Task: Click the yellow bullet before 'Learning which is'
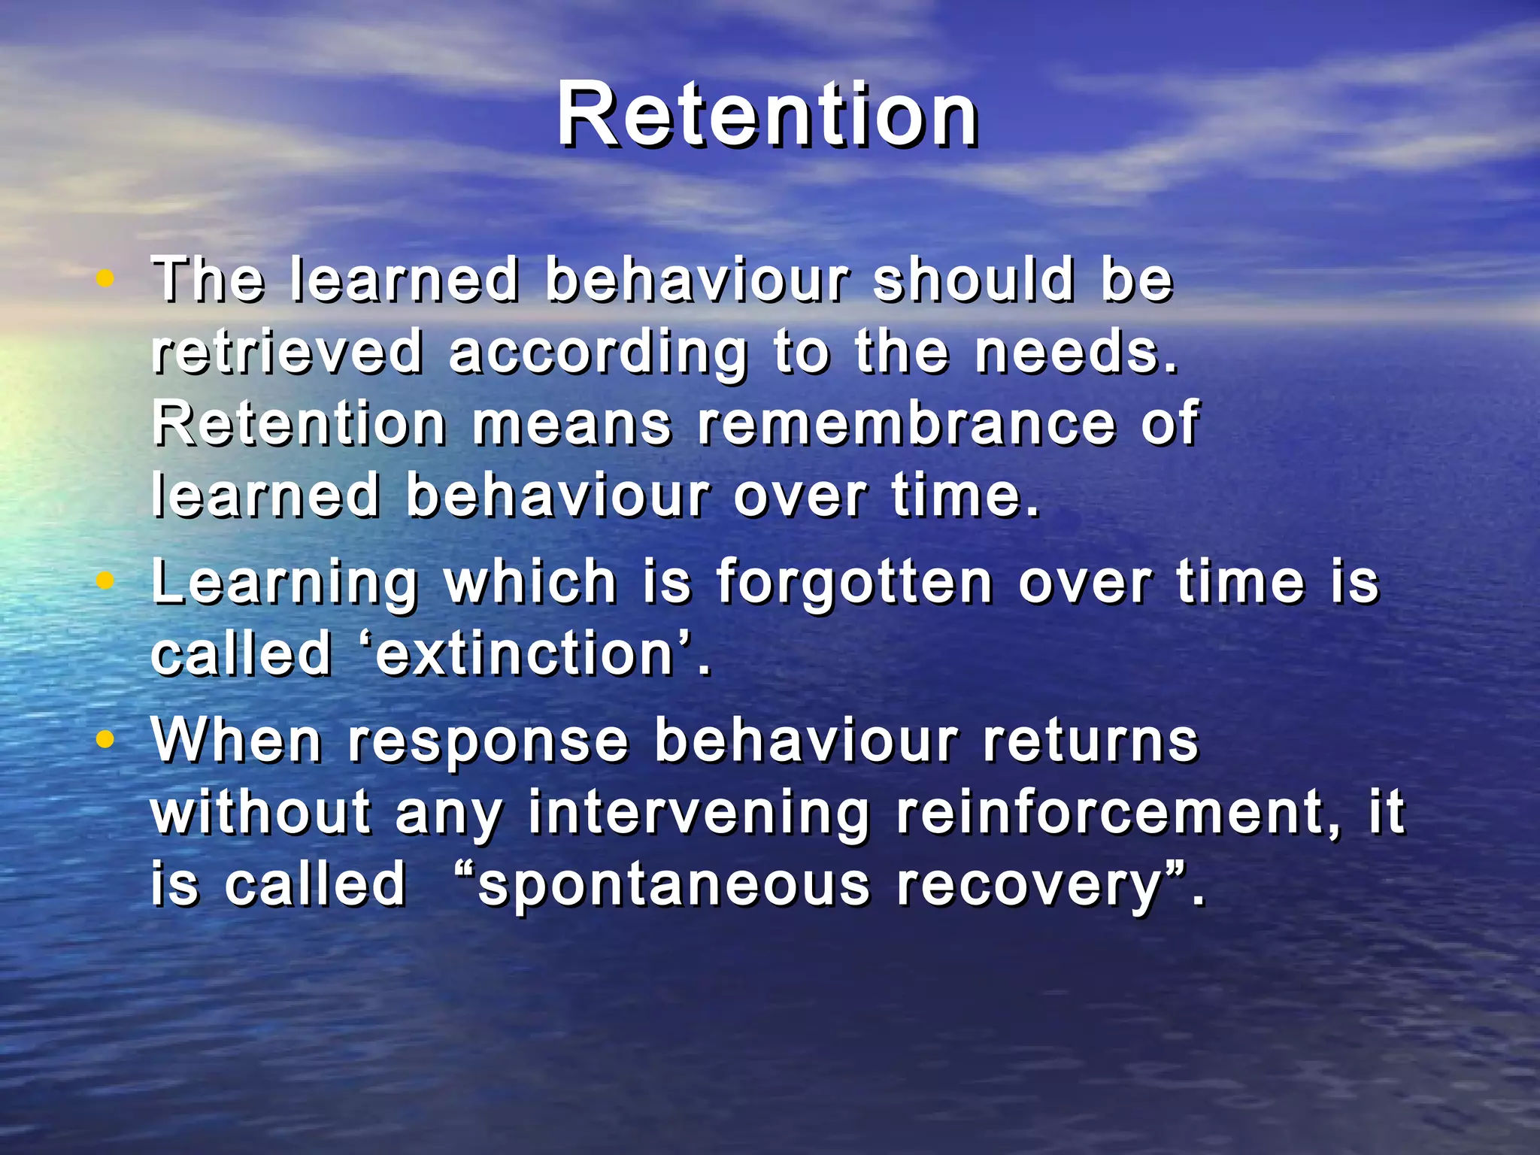click(105, 581)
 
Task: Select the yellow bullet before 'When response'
click(105, 740)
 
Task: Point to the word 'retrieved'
click(287, 352)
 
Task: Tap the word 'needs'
click(1075, 352)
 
